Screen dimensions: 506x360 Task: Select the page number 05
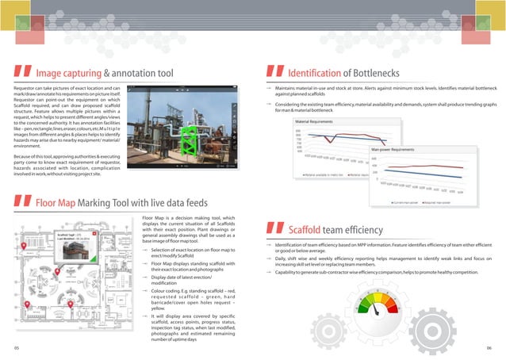pos(15,347)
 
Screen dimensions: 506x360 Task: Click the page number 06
pos(489,347)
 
